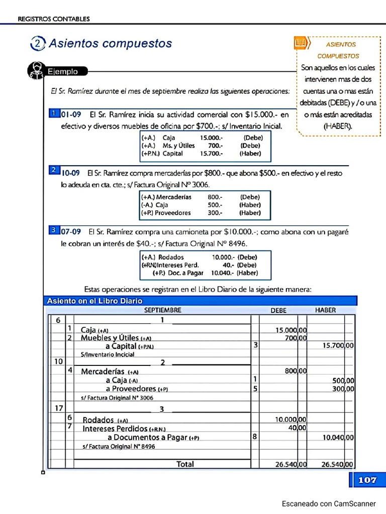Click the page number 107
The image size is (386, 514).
click(x=367, y=480)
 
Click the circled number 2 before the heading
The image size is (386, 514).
click(x=38, y=44)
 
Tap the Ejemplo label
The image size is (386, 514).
click(x=63, y=72)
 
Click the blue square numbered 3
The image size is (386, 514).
click(x=53, y=230)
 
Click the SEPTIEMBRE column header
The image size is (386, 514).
click(x=162, y=310)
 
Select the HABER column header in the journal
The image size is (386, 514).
click(x=325, y=310)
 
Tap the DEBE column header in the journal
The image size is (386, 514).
click(x=278, y=310)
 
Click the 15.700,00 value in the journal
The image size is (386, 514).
click(x=338, y=346)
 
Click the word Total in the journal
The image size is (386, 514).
click(x=185, y=464)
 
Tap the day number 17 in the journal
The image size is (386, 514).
click(x=58, y=408)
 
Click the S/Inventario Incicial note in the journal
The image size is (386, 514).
click(x=107, y=354)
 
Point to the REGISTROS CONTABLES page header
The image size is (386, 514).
click(x=54, y=19)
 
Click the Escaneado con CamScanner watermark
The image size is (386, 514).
click(x=328, y=503)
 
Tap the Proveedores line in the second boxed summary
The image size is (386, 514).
click(x=166, y=213)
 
